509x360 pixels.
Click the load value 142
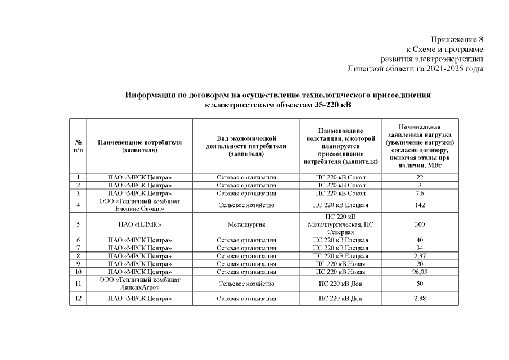[420, 205]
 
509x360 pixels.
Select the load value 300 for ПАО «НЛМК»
[420, 224]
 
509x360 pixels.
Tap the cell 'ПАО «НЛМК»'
[139, 224]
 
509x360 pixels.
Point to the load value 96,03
[420, 272]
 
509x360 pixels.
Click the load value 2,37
[420, 256]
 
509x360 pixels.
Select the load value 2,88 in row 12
[420, 299]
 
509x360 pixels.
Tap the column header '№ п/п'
[78, 146]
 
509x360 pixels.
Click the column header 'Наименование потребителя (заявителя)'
[139, 146]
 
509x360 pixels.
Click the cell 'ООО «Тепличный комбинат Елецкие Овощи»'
[139, 205]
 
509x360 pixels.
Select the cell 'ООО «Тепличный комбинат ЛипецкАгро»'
[139, 283]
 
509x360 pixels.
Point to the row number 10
[78, 272]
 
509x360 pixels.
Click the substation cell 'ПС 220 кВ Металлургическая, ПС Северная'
[340, 224]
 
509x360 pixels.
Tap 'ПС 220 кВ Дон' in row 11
[340, 283]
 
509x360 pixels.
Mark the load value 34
[420, 248]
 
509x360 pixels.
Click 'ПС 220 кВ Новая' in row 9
[340, 264]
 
